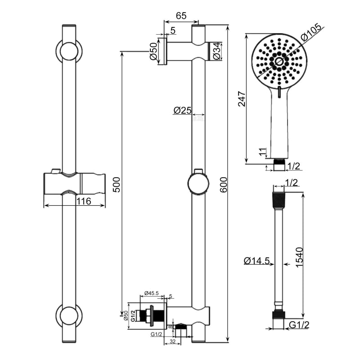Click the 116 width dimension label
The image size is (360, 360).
tap(83, 202)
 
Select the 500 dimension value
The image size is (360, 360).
tap(116, 184)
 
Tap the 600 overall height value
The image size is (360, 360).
tap(223, 184)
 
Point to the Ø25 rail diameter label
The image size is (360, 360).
tap(182, 110)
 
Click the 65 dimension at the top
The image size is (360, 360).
tap(181, 16)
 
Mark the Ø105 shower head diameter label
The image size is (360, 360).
tap(311, 32)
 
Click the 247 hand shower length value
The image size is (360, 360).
tap(242, 99)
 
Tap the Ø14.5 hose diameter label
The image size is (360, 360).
tap(256, 261)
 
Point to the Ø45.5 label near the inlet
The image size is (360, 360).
tap(150, 294)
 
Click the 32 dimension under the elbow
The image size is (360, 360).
tap(173, 342)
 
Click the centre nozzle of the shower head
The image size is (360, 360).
tap(279, 61)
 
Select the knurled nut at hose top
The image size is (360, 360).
tap(279, 198)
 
